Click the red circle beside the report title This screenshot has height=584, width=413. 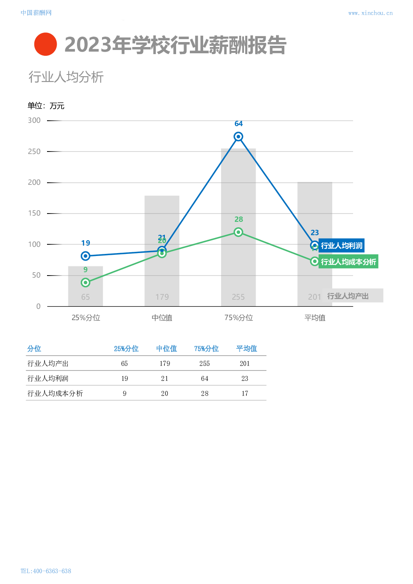click(45, 44)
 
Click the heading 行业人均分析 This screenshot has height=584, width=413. click(66, 77)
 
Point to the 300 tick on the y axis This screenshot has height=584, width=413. click(34, 120)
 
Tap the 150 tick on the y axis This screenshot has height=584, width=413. click(34, 213)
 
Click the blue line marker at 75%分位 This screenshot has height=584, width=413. click(238, 137)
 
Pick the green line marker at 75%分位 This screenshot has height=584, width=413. click(238, 232)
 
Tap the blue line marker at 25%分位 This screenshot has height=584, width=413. click(85, 256)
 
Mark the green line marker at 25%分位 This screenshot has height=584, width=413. click(85, 283)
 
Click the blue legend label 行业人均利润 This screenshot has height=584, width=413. click(342, 246)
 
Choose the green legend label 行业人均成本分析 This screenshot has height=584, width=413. click(348, 262)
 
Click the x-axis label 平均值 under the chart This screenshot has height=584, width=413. click(315, 318)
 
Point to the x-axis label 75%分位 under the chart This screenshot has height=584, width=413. click(239, 318)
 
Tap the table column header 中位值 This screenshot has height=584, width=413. click(167, 349)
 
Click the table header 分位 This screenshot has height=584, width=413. click(34, 349)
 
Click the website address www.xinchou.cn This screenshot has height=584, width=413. click(370, 13)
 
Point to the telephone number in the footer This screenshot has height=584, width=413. click(46, 571)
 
